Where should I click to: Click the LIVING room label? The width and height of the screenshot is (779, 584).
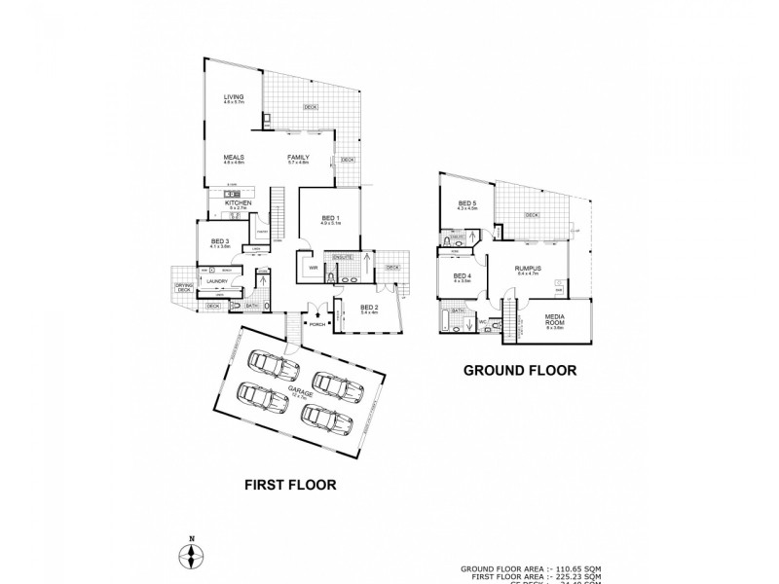point(233,97)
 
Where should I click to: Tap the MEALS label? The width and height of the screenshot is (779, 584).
point(233,158)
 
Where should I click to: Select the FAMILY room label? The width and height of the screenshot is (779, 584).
point(297,158)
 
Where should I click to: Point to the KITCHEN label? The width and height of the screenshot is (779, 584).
point(239,202)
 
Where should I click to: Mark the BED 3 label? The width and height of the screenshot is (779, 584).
point(220,241)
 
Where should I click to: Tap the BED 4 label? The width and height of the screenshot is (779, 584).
point(462,275)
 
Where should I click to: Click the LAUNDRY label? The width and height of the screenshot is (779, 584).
point(217,281)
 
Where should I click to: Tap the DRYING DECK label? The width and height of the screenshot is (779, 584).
point(183,287)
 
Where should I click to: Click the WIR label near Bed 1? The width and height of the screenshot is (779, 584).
point(315,266)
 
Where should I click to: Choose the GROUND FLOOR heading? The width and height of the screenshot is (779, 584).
point(520,370)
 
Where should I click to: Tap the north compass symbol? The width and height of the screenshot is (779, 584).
point(193,555)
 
